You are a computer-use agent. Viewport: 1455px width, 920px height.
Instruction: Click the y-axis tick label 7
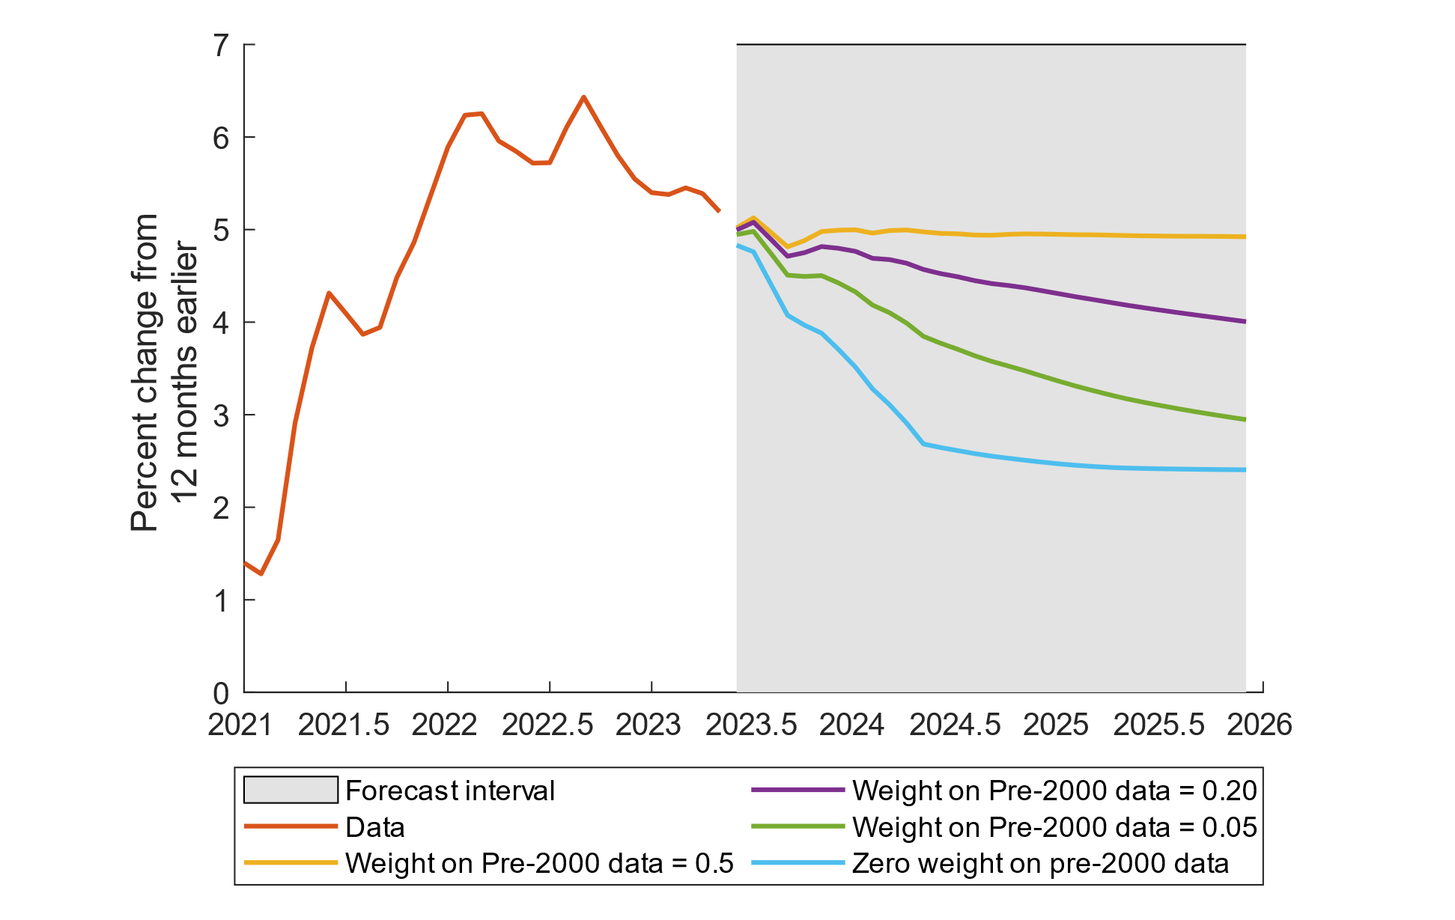(x=221, y=46)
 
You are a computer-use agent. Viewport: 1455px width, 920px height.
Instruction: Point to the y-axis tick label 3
(x=221, y=416)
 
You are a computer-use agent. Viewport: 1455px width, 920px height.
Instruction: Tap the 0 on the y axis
(x=221, y=694)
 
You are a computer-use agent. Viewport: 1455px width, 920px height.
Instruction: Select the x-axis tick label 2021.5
(x=344, y=725)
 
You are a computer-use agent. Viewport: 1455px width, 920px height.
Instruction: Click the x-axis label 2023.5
(x=751, y=725)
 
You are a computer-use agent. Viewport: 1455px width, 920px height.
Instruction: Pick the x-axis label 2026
(x=1260, y=725)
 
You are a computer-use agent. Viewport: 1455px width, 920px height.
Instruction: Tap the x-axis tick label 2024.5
(x=955, y=725)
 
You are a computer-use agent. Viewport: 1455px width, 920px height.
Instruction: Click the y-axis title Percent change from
(x=145, y=373)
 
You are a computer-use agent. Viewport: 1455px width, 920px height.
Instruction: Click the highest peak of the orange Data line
(x=583, y=97)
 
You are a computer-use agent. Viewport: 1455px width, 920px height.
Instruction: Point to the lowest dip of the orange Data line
(x=261, y=573)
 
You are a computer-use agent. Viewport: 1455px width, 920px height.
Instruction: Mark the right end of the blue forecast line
(x=1245, y=469)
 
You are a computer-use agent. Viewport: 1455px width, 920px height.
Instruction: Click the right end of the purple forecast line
(x=1245, y=321)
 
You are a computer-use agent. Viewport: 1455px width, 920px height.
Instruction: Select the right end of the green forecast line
(x=1245, y=419)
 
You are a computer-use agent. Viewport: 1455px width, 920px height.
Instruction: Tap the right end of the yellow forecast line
(x=1245, y=237)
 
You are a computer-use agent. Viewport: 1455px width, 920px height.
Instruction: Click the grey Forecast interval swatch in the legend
(x=291, y=790)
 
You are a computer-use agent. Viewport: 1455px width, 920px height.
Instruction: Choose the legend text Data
(x=374, y=827)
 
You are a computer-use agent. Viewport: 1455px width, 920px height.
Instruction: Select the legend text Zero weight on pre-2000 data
(x=1040, y=863)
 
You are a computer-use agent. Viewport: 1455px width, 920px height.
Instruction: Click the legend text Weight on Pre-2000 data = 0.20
(x=1054, y=790)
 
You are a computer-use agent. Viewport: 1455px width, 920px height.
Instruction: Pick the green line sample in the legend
(x=798, y=826)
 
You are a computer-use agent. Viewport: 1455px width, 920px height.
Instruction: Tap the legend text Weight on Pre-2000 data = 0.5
(x=539, y=863)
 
